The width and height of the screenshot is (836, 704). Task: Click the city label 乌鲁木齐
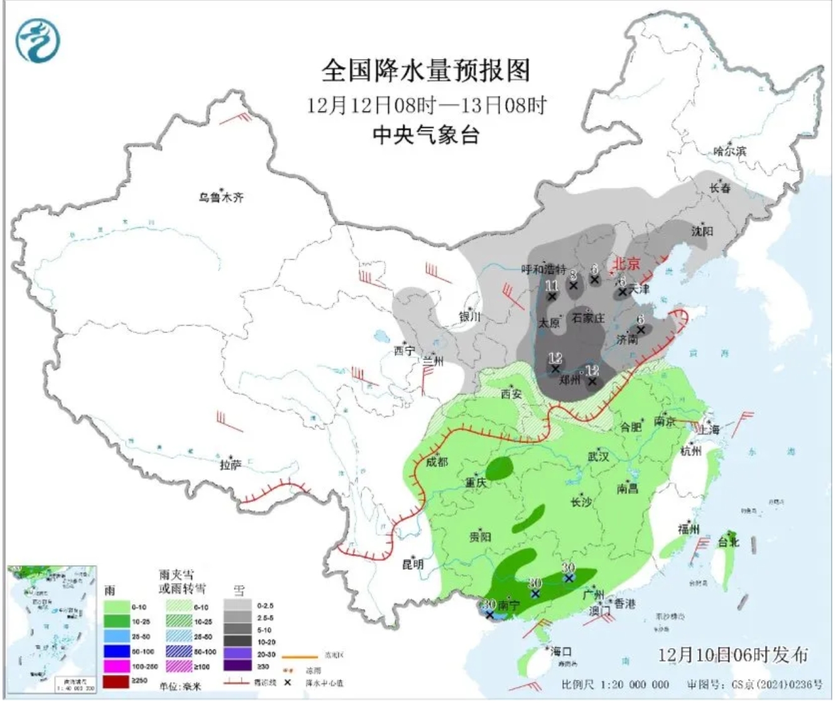pos(221,197)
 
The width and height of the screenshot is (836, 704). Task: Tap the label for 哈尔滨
pos(730,151)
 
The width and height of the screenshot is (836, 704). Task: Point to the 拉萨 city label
pos(230,465)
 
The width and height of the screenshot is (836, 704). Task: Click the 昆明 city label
pos(412,564)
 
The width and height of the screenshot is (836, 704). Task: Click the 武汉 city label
pos(598,456)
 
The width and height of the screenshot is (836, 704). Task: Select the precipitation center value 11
pos(552,286)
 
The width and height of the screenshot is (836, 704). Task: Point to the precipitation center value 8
pos(572,274)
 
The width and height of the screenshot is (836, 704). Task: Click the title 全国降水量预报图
pos(426,70)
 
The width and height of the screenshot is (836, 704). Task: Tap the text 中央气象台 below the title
pos(426,135)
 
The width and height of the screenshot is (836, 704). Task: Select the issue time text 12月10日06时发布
pos(732,654)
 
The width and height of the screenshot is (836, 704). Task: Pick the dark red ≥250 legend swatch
pos(116,681)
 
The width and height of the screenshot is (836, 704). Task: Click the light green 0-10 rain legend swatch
pos(116,607)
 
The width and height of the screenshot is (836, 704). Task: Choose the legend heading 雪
pos(239,590)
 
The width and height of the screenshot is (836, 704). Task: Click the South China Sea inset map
pos(51,627)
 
